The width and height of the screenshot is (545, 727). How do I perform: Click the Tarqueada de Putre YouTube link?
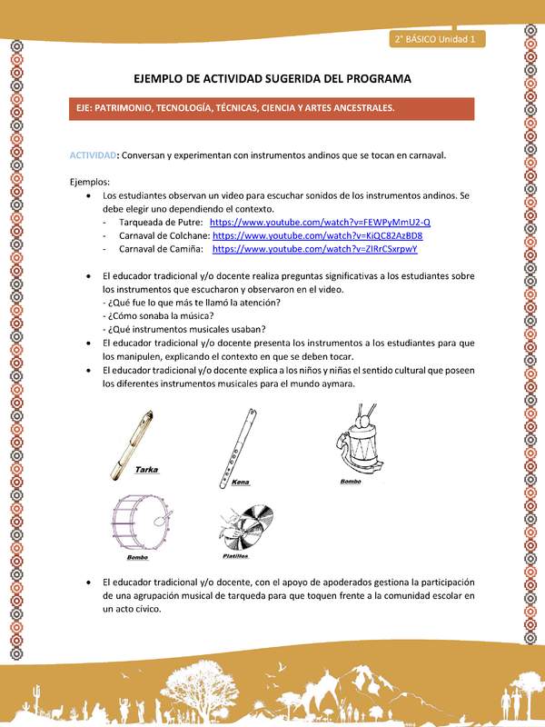pos(320,223)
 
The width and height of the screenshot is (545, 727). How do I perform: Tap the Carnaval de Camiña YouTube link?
pos(314,248)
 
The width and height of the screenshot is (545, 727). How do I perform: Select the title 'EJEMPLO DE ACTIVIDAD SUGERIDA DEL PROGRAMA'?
pos(272,79)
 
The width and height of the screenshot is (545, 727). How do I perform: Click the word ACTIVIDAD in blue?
pos(94,155)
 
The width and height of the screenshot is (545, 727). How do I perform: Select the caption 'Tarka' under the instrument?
pos(148,471)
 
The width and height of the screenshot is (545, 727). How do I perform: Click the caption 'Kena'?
pos(240,483)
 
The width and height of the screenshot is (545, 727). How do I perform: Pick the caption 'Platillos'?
pos(234,555)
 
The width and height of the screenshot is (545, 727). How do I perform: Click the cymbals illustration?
pos(243,525)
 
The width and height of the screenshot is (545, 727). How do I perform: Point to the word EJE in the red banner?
pos(88,107)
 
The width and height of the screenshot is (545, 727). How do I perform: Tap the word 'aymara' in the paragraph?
pos(338,383)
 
